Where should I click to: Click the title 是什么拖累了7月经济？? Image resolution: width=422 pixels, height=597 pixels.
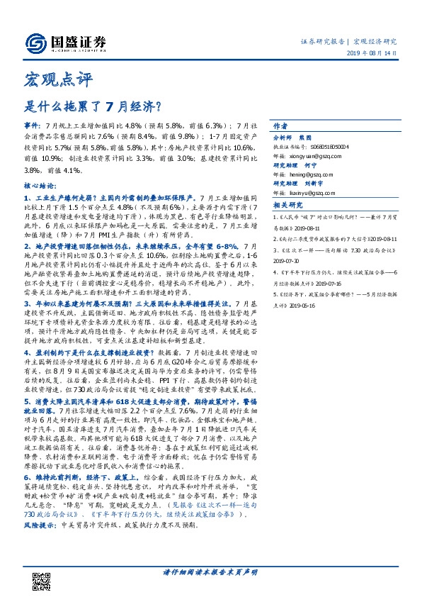tap(91, 108)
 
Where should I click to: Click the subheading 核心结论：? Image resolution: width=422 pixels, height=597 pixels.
tap(40, 182)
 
